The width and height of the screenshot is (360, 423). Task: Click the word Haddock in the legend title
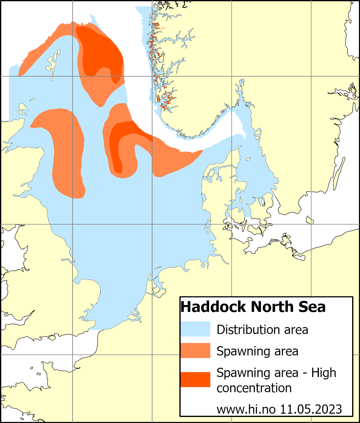pyautogui.click(x=213, y=307)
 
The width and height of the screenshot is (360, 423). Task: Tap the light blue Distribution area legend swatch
pyautogui.click(x=195, y=329)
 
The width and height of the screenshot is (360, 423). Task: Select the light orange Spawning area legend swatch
pyautogui.click(x=195, y=350)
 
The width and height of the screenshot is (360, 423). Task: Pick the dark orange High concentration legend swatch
pyautogui.click(x=195, y=379)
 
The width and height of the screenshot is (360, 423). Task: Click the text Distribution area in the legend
pyautogui.click(x=262, y=330)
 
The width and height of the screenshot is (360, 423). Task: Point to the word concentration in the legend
pyautogui.click(x=254, y=388)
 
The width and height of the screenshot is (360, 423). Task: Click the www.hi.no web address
pyautogui.click(x=246, y=409)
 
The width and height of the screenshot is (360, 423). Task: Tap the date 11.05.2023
pyautogui.click(x=311, y=409)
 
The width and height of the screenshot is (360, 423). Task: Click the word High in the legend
pyautogui.click(x=324, y=373)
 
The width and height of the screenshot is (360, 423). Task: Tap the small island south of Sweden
pyautogui.click(x=309, y=220)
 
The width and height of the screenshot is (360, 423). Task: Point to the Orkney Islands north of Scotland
pyautogui.click(x=23, y=109)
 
